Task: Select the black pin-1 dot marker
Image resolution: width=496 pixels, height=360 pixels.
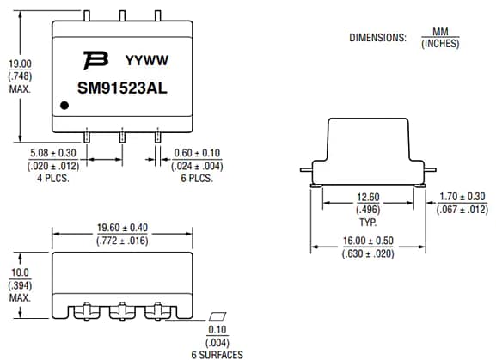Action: click(x=64, y=107)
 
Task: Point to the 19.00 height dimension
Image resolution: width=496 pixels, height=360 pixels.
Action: click(x=20, y=64)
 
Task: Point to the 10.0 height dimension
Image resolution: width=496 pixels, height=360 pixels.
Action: click(x=19, y=272)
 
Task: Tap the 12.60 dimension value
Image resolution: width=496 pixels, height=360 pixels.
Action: click(x=368, y=197)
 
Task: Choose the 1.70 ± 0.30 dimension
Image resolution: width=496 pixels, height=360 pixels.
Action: click(x=462, y=197)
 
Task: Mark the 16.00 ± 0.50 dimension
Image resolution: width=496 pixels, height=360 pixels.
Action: click(x=368, y=241)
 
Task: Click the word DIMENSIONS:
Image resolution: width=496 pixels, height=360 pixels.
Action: click(x=377, y=38)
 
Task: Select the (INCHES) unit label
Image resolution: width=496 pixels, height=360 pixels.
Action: click(x=439, y=44)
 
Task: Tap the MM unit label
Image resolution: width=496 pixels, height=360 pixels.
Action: click(x=439, y=33)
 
